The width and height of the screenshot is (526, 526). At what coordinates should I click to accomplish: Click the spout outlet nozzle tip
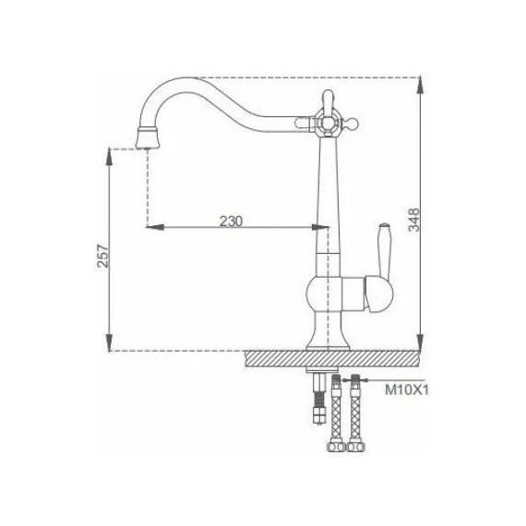[x=147, y=138]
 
